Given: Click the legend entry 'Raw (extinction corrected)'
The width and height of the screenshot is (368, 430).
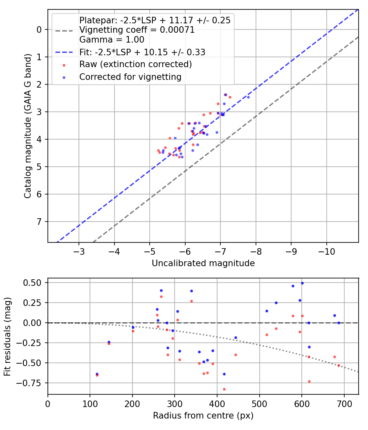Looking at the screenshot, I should [135, 64].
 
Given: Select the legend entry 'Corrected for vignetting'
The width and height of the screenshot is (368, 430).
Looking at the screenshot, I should [130, 77].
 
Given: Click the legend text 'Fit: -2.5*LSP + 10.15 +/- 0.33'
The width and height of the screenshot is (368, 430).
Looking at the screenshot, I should [142, 52].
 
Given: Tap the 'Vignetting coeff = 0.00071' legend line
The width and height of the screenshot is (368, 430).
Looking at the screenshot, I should [137, 30].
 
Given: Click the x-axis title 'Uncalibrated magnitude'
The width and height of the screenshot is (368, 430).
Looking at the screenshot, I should [203, 263].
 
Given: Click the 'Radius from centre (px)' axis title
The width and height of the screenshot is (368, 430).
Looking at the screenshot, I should [203, 416].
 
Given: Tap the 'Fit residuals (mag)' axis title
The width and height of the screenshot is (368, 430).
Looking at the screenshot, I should [7, 337].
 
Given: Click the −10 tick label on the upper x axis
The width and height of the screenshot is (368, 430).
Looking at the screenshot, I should [326, 250].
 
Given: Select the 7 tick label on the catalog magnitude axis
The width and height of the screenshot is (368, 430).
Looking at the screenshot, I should [39, 222].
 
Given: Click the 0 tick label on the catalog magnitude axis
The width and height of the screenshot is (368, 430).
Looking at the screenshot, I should [39, 29].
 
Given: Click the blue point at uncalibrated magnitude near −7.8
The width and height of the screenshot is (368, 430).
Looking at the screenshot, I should [248, 97].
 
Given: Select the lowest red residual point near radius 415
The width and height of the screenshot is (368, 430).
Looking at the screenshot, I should [224, 389].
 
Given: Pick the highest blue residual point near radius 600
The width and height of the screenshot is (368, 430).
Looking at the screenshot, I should [302, 283].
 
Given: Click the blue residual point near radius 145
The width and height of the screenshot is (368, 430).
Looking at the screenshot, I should [109, 342].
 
